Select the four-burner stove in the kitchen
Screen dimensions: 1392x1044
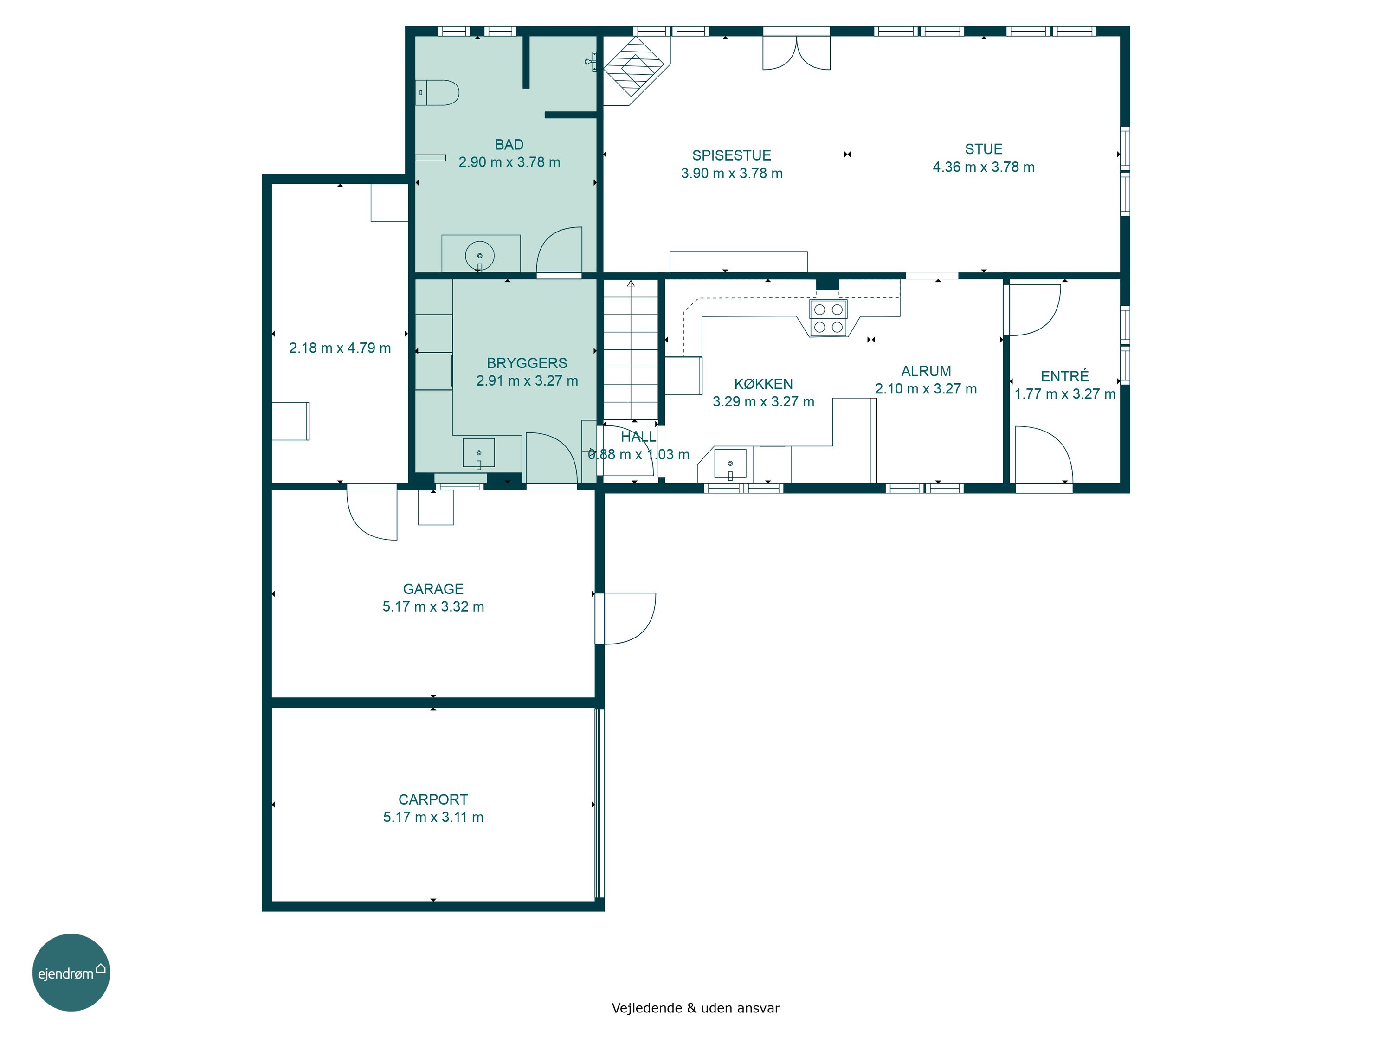828,318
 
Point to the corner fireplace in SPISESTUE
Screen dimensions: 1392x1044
636,69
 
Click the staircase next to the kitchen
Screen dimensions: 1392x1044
631,350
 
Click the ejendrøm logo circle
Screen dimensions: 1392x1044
71,972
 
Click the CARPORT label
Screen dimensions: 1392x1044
433,799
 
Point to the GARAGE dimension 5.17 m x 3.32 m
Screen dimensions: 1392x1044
433,606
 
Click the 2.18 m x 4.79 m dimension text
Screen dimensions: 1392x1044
340,348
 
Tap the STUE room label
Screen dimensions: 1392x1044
984,149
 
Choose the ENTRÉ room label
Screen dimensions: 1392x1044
1065,376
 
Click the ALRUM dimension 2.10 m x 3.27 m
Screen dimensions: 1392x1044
926,389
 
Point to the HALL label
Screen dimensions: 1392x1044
638,437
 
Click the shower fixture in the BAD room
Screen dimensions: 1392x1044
591,62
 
